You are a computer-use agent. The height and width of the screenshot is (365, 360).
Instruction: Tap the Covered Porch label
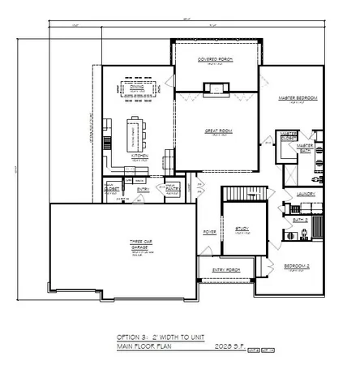point(216,59)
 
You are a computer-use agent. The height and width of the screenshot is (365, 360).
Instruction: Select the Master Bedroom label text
point(297,97)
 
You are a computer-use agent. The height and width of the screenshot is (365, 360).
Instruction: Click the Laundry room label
point(305,194)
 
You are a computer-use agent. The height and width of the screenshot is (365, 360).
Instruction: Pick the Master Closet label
point(286,136)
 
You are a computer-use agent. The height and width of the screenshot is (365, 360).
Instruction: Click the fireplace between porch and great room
point(216,87)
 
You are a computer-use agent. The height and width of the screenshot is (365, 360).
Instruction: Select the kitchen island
point(136,132)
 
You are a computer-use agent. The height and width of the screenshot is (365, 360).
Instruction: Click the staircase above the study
point(234,194)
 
